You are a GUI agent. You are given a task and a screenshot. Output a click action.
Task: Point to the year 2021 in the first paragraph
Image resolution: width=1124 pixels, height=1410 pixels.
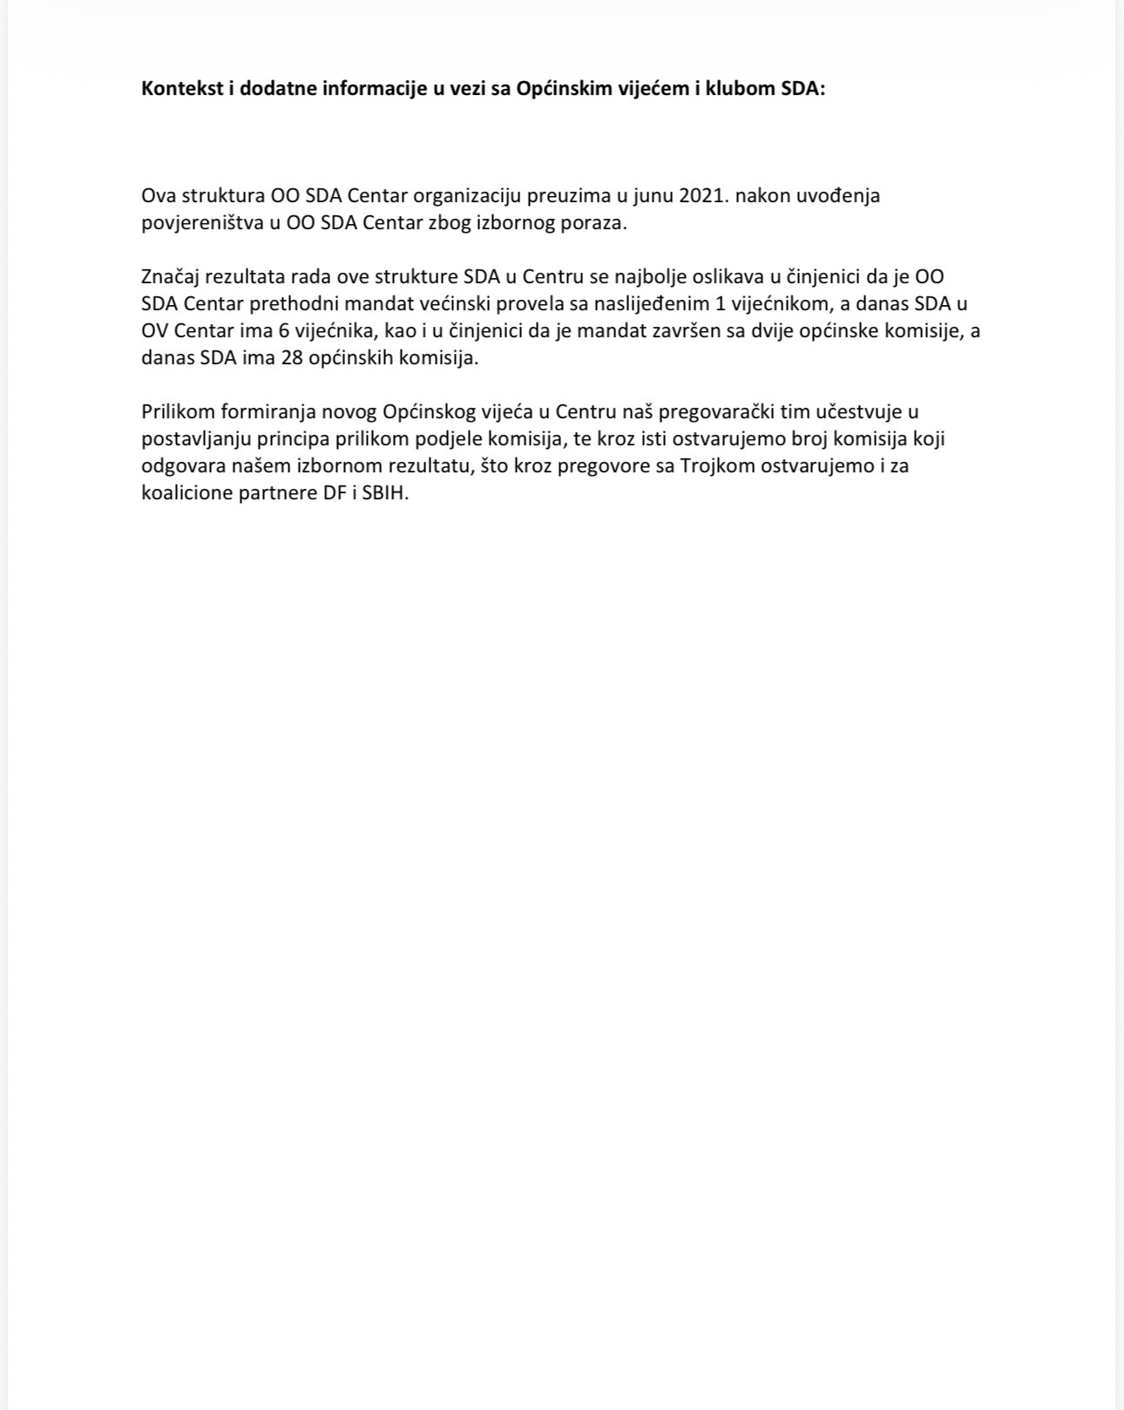[702, 195]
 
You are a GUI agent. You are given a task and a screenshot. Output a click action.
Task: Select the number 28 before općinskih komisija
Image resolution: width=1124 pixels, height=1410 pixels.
[292, 358]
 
